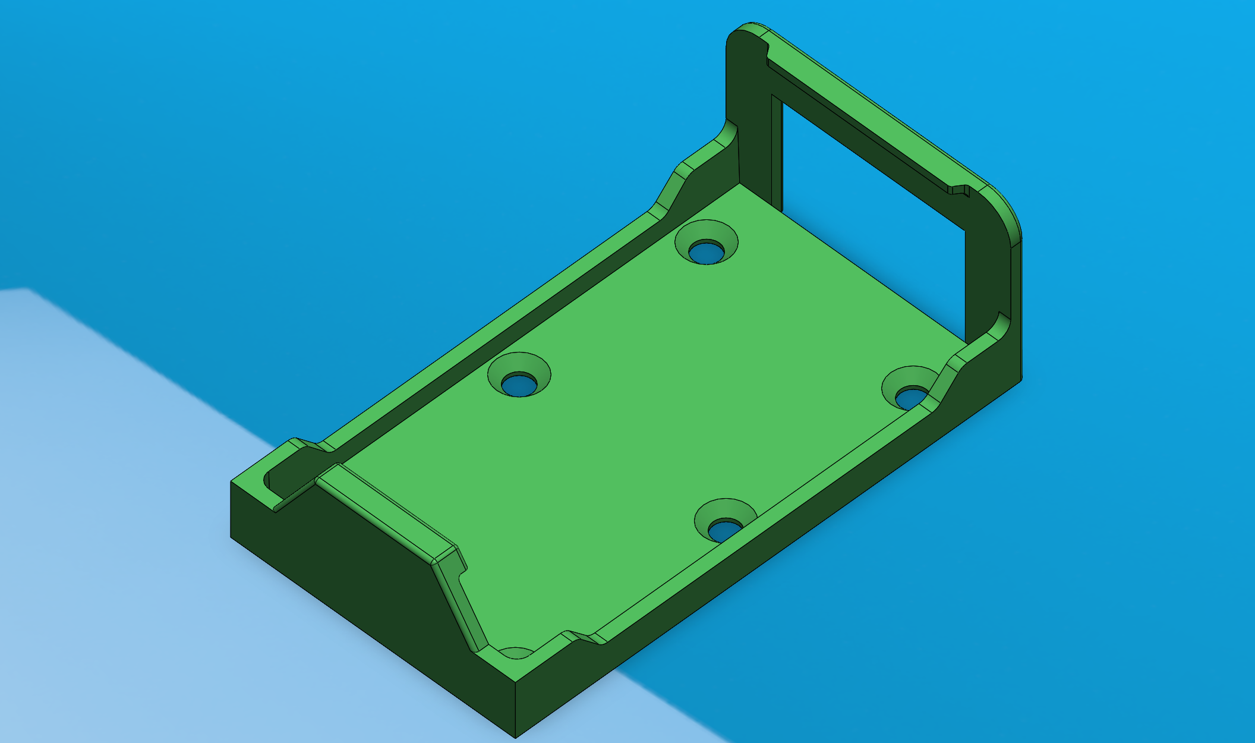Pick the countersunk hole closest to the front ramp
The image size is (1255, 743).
tap(725, 521)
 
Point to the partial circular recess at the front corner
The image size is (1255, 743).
tap(516, 653)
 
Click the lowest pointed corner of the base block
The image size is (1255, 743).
tap(515, 736)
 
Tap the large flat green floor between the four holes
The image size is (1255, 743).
tap(654, 386)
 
